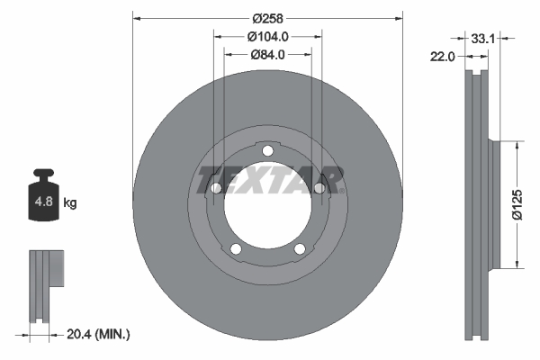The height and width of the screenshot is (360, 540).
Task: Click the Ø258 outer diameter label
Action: (x=267, y=18)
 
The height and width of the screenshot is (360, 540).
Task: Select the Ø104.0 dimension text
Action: (x=267, y=36)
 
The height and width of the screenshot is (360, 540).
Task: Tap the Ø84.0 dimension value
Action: (x=267, y=54)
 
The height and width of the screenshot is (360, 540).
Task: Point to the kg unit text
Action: (x=70, y=203)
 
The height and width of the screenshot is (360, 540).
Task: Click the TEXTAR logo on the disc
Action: (x=267, y=179)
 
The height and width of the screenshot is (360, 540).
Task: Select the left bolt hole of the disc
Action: (x=216, y=187)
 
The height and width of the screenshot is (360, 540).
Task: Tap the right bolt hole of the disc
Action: (x=319, y=187)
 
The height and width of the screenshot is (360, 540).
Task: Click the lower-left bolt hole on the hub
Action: (x=236, y=249)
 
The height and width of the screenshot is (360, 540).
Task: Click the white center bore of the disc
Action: (x=267, y=209)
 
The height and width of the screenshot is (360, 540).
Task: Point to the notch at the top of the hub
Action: (x=267, y=149)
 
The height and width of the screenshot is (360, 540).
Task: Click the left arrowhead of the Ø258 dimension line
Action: (x=137, y=18)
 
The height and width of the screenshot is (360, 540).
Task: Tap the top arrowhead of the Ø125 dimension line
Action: (x=517, y=143)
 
